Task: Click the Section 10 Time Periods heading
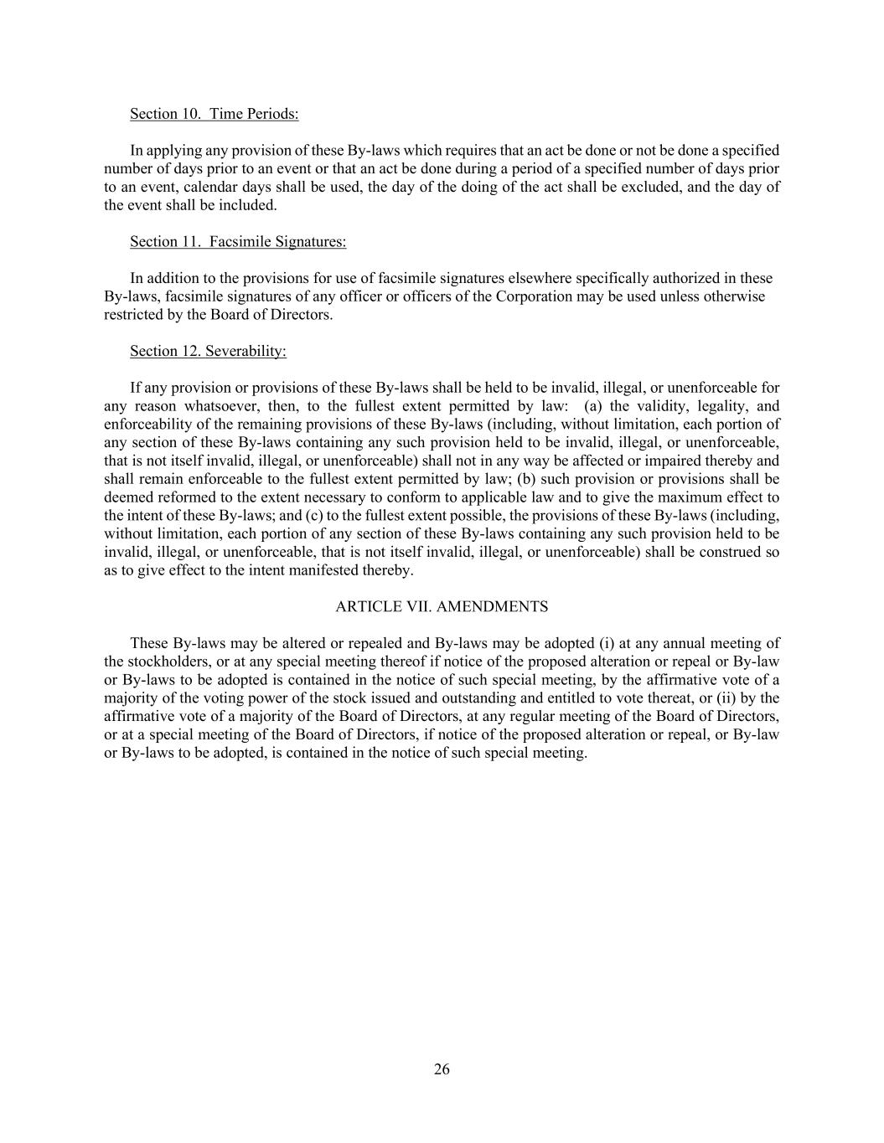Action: point(214,114)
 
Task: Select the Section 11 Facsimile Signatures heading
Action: point(238,242)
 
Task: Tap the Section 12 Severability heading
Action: point(208,352)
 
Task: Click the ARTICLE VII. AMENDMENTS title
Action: point(442,607)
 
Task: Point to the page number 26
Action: point(442,1069)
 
